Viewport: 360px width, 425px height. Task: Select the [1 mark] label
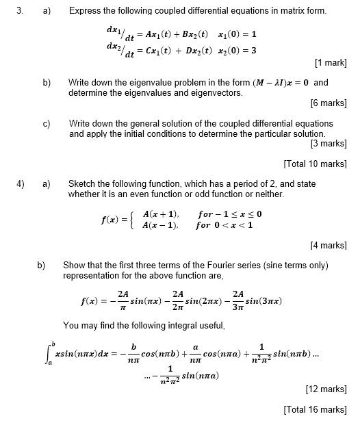coord(331,64)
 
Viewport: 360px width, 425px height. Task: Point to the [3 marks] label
coord(329,144)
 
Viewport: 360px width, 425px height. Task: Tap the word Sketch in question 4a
coord(83,184)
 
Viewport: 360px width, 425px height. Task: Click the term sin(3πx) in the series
coord(263,301)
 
